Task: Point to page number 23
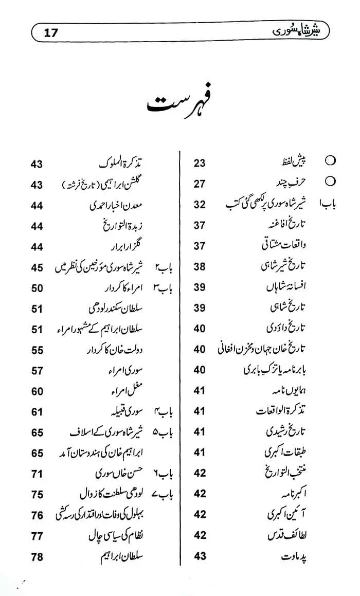point(200,164)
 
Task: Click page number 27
point(200,184)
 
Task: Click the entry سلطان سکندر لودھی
point(112,309)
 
